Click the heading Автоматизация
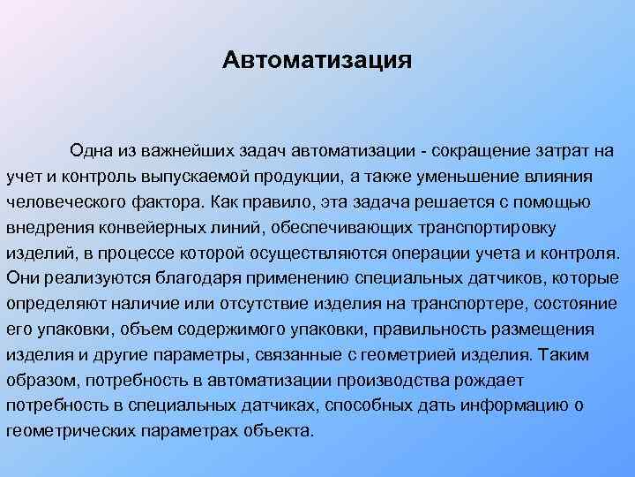coord(317,61)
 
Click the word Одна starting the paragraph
coord(91,149)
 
